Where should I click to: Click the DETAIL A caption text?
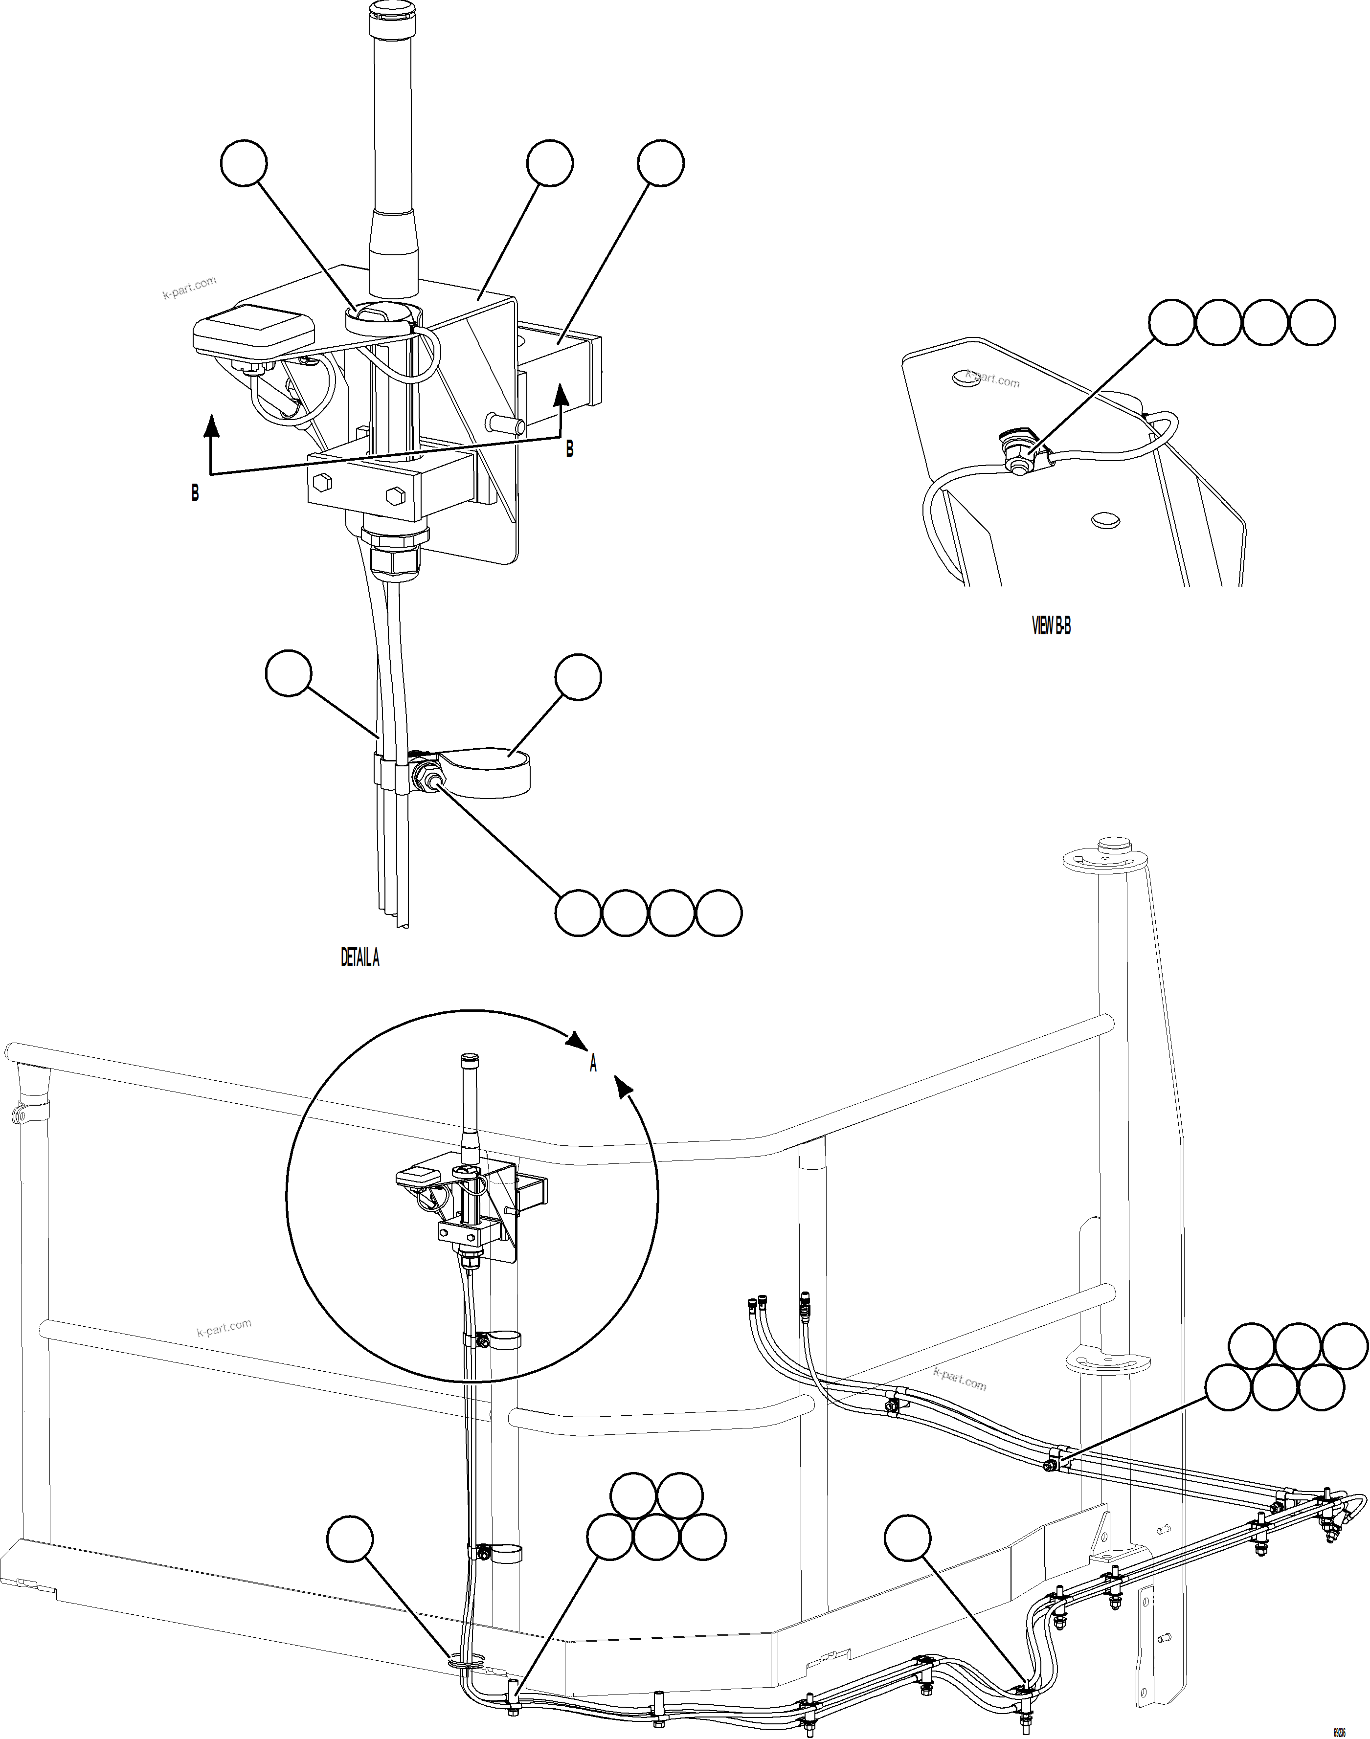point(359,958)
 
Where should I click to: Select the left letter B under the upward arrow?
point(195,494)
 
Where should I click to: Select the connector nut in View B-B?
point(1019,464)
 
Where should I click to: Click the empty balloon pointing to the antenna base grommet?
point(243,163)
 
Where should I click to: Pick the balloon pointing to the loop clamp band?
point(578,677)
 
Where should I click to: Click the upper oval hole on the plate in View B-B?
point(966,377)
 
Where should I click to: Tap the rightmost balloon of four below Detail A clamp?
point(719,913)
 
